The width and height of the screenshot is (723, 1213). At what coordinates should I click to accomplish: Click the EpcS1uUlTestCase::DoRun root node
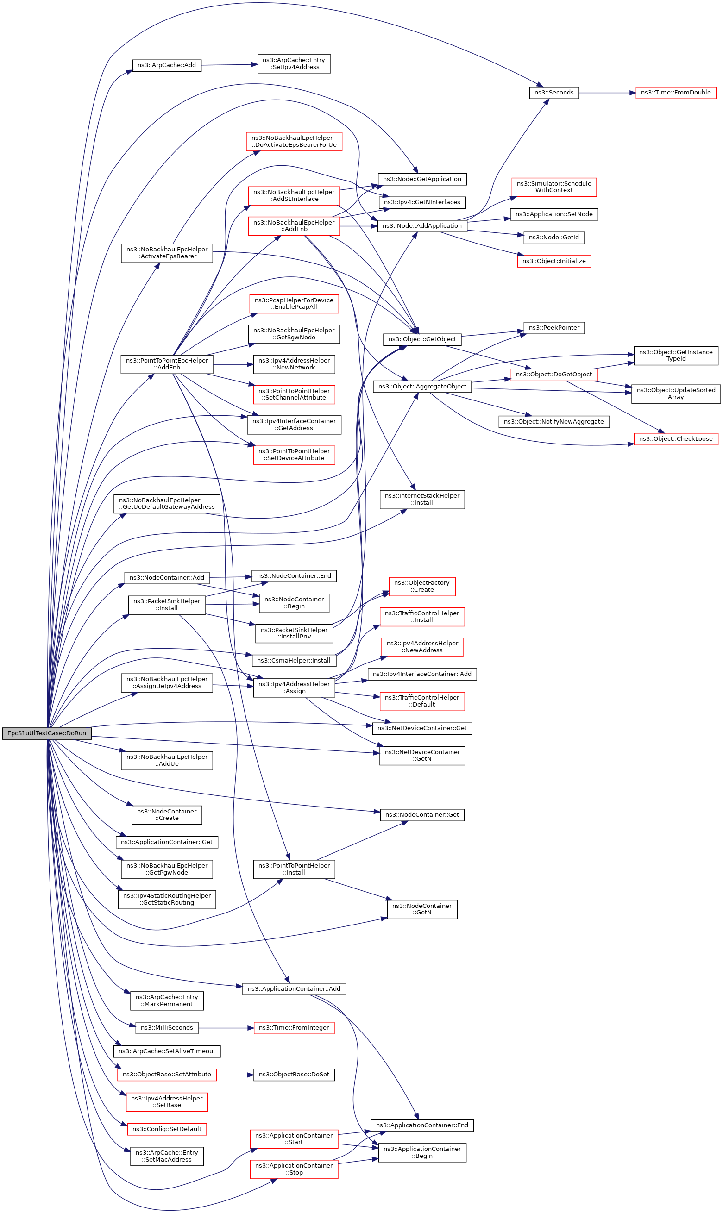point(46,733)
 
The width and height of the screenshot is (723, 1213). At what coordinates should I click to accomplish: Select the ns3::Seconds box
point(554,93)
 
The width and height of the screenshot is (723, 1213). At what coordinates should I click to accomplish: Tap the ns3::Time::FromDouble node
point(675,93)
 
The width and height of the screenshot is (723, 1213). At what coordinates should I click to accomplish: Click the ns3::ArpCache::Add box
point(167,65)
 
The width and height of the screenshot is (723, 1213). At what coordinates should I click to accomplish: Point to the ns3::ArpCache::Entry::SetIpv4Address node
point(294,64)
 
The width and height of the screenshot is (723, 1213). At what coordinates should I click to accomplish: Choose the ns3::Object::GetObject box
point(422,339)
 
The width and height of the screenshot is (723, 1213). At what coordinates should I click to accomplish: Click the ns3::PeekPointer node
point(554,328)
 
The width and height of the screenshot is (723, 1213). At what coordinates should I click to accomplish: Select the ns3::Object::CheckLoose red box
point(675,439)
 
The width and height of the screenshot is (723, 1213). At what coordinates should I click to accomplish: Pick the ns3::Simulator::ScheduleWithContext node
point(554,187)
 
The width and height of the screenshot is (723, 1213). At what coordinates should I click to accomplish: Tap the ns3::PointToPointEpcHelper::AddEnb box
point(167,364)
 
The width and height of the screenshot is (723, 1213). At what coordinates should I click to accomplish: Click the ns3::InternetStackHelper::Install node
point(422,499)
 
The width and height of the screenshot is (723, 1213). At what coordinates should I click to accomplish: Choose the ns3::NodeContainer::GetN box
point(422,909)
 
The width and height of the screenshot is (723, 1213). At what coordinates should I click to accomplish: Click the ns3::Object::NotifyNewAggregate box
point(554,422)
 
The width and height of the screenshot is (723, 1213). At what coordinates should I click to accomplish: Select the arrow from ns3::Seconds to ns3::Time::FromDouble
point(607,93)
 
